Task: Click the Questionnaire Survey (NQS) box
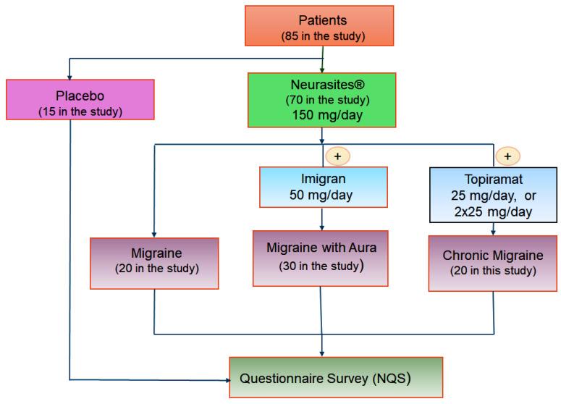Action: [335, 376]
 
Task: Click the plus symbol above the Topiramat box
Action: [509, 156]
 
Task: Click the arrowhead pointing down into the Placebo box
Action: [69, 75]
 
